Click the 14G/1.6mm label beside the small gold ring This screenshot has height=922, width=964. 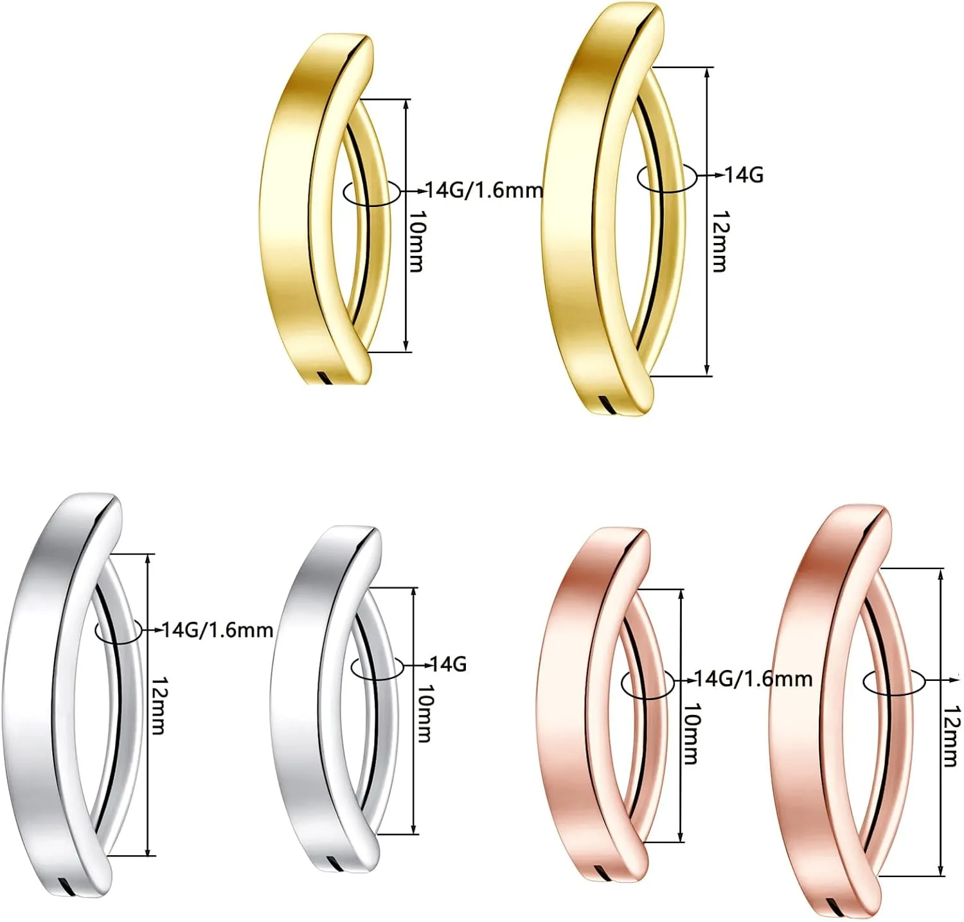485,190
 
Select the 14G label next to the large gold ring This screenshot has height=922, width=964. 744,174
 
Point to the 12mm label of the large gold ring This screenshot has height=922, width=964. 720,241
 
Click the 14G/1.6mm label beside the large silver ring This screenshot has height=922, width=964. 218,630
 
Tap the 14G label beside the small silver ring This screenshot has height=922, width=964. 447,664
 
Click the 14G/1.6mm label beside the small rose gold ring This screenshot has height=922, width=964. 754,679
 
